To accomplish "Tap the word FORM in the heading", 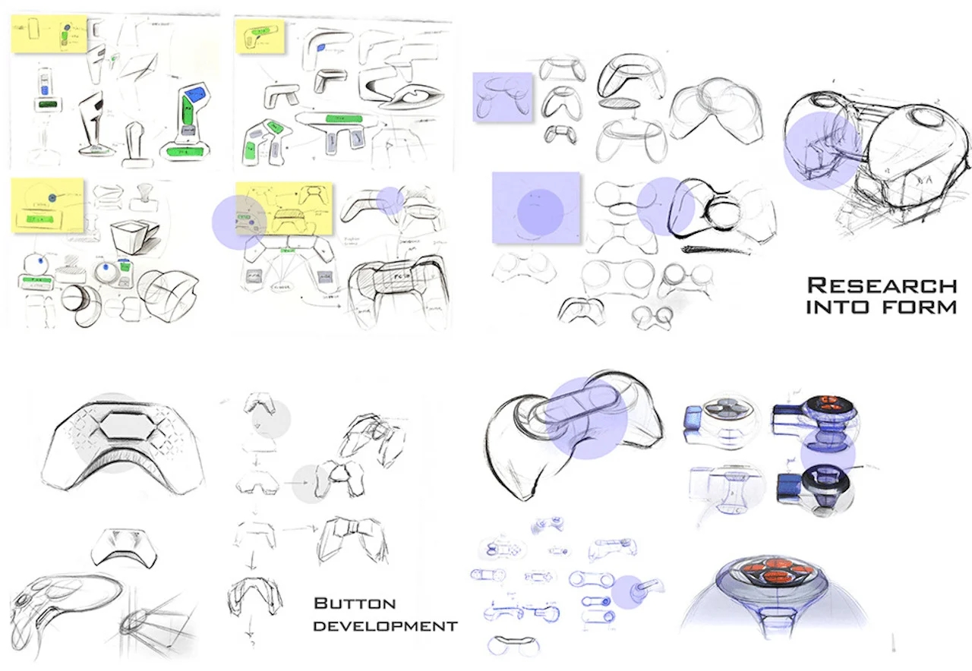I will click(x=922, y=308).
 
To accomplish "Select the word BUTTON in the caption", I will click(x=355, y=604).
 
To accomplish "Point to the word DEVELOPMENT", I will click(x=385, y=626).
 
